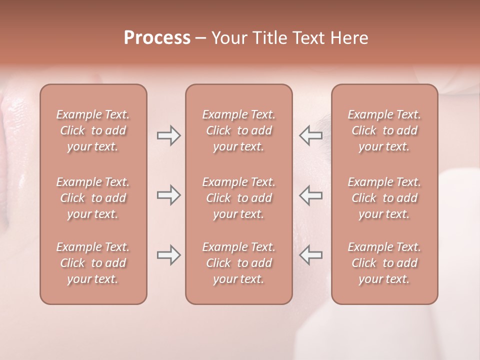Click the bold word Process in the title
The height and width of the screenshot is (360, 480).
click(x=157, y=38)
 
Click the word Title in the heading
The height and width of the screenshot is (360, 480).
click(x=268, y=38)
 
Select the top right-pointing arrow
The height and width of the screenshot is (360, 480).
click(x=168, y=135)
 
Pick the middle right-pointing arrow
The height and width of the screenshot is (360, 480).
click(x=168, y=195)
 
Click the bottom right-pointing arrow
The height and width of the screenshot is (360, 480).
click(x=168, y=255)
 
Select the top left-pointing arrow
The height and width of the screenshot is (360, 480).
click(x=311, y=135)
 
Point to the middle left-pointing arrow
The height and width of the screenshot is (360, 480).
click(x=311, y=195)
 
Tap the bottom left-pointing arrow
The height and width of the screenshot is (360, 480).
click(x=311, y=255)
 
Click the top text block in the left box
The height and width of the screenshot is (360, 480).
click(x=93, y=130)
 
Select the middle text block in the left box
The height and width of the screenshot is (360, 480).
click(x=93, y=198)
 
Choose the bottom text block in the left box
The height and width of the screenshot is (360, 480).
click(x=93, y=263)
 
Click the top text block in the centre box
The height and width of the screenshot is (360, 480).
click(x=239, y=130)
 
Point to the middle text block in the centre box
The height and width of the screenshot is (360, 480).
click(x=239, y=198)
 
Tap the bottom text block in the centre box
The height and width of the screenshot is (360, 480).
click(x=239, y=263)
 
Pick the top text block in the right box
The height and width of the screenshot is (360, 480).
click(x=384, y=130)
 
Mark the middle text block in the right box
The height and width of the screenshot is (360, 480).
click(x=384, y=198)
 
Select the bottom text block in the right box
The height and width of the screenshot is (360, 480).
click(x=384, y=263)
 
